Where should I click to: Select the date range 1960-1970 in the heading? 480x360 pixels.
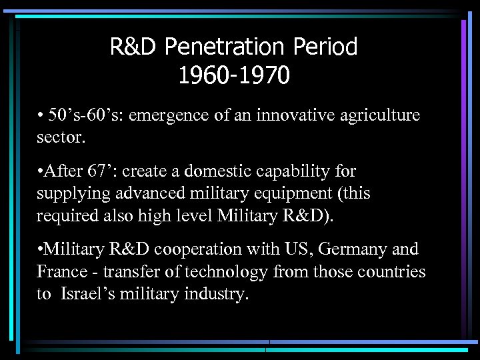[233, 75]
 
